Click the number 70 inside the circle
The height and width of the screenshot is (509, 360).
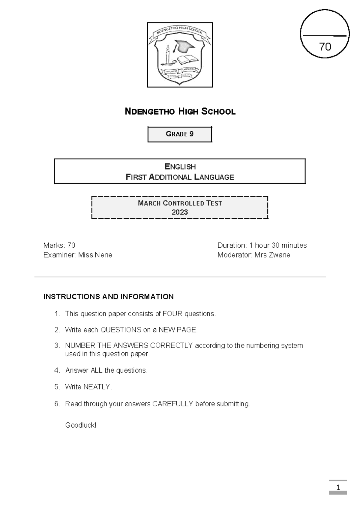pyautogui.click(x=325, y=47)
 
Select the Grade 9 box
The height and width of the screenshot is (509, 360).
pyautogui.click(x=180, y=134)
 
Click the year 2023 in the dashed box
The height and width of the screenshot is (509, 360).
pyautogui.click(x=180, y=212)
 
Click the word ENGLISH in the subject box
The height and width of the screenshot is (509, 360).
pyautogui.click(x=180, y=167)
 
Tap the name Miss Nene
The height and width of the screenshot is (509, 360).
pyautogui.click(x=95, y=255)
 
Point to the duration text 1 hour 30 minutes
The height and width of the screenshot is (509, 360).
pyautogui.click(x=278, y=245)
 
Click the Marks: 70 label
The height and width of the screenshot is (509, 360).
pyautogui.click(x=59, y=245)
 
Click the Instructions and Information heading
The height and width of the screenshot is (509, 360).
pyautogui.click(x=108, y=297)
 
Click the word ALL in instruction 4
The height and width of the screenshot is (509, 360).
pyautogui.click(x=96, y=371)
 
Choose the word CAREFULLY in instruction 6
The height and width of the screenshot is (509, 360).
pyautogui.click(x=172, y=404)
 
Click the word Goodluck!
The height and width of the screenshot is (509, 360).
pyautogui.click(x=81, y=425)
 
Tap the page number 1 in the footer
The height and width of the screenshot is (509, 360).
pyautogui.click(x=338, y=488)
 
